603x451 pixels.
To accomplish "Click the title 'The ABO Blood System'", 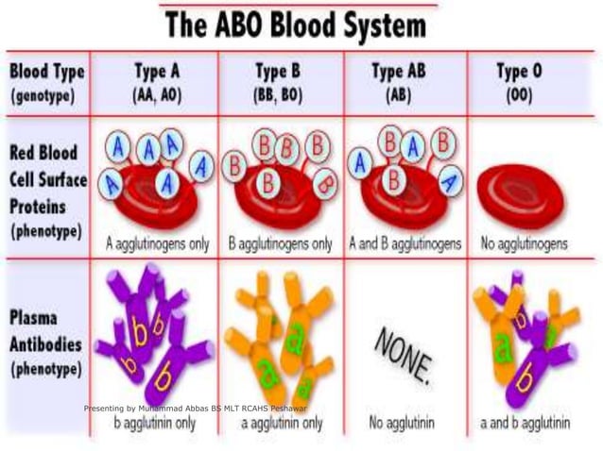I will [301, 24].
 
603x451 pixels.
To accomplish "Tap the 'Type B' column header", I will [280, 72].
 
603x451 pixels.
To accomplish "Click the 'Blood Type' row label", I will [46, 72].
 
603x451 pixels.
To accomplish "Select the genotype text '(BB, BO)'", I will [280, 95].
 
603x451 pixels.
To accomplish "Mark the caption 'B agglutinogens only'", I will [281, 243].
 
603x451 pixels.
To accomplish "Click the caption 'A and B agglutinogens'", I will [405, 243].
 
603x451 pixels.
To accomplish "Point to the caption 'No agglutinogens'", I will [525, 243].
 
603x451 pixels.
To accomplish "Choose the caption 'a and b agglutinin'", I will [525, 423].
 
